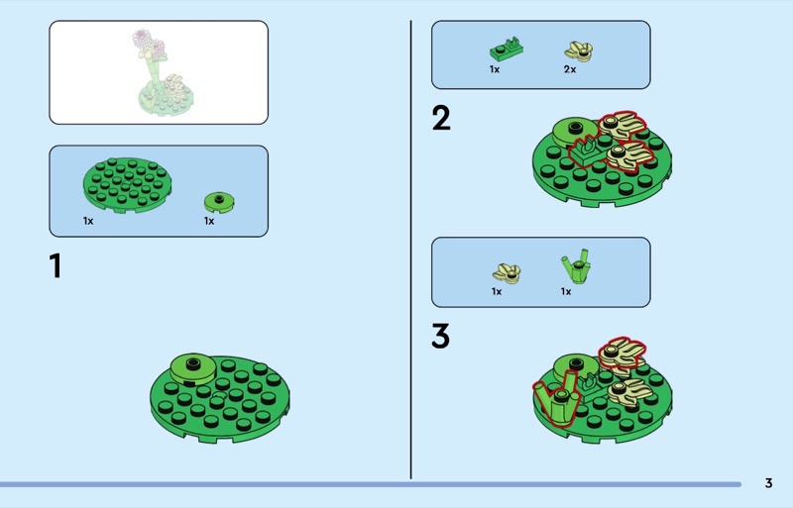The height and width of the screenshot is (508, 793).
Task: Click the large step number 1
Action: (57, 265)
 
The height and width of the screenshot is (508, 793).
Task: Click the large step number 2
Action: (441, 118)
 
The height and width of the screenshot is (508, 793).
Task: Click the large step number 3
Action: (440, 336)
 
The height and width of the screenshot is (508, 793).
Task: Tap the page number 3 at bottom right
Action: (769, 483)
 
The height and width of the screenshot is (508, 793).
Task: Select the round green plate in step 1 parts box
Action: (127, 185)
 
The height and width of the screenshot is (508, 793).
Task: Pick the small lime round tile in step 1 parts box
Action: (219, 202)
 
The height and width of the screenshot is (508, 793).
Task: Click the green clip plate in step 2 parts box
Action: (507, 50)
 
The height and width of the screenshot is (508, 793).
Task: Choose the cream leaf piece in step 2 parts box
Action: (579, 52)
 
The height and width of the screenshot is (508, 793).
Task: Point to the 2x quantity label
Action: (570, 69)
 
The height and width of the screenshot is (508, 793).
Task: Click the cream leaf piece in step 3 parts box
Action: (507, 273)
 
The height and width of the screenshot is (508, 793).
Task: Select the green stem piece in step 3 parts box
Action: (577, 266)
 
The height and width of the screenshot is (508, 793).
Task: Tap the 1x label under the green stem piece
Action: (566, 292)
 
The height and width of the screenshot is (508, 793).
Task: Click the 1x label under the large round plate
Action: (88, 221)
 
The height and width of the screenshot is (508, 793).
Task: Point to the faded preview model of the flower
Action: (163, 72)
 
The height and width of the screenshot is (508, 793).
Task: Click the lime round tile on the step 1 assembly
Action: (192, 368)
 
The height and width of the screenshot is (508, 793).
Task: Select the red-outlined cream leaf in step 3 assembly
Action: (622, 354)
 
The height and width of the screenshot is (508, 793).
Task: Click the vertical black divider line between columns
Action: (410, 250)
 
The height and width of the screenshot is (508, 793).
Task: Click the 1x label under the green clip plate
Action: (495, 69)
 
